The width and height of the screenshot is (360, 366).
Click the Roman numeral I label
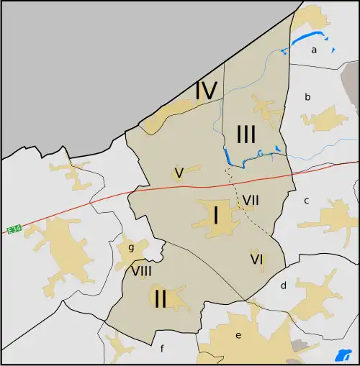[x=215, y=214]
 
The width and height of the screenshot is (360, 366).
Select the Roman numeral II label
[x=160, y=298]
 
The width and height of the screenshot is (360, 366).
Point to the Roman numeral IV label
[x=206, y=91]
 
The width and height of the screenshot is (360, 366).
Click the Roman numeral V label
[x=179, y=172]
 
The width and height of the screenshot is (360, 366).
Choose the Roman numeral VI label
[x=256, y=258]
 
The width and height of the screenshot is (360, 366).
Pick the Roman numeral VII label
[x=251, y=199]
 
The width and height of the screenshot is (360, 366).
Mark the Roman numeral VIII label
[x=141, y=271]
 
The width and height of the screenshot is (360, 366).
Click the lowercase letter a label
[x=314, y=50]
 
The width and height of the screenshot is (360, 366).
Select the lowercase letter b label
[x=307, y=96]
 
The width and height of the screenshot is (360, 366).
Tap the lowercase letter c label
[x=306, y=201]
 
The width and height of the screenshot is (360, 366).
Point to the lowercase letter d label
[x=283, y=285]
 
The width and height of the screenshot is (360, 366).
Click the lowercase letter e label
[x=238, y=335]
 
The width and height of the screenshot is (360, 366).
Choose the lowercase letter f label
[x=162, y=349]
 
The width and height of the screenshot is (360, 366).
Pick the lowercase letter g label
[x=131, y=248]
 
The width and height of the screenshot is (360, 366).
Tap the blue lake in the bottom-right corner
[x=341, y=355]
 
